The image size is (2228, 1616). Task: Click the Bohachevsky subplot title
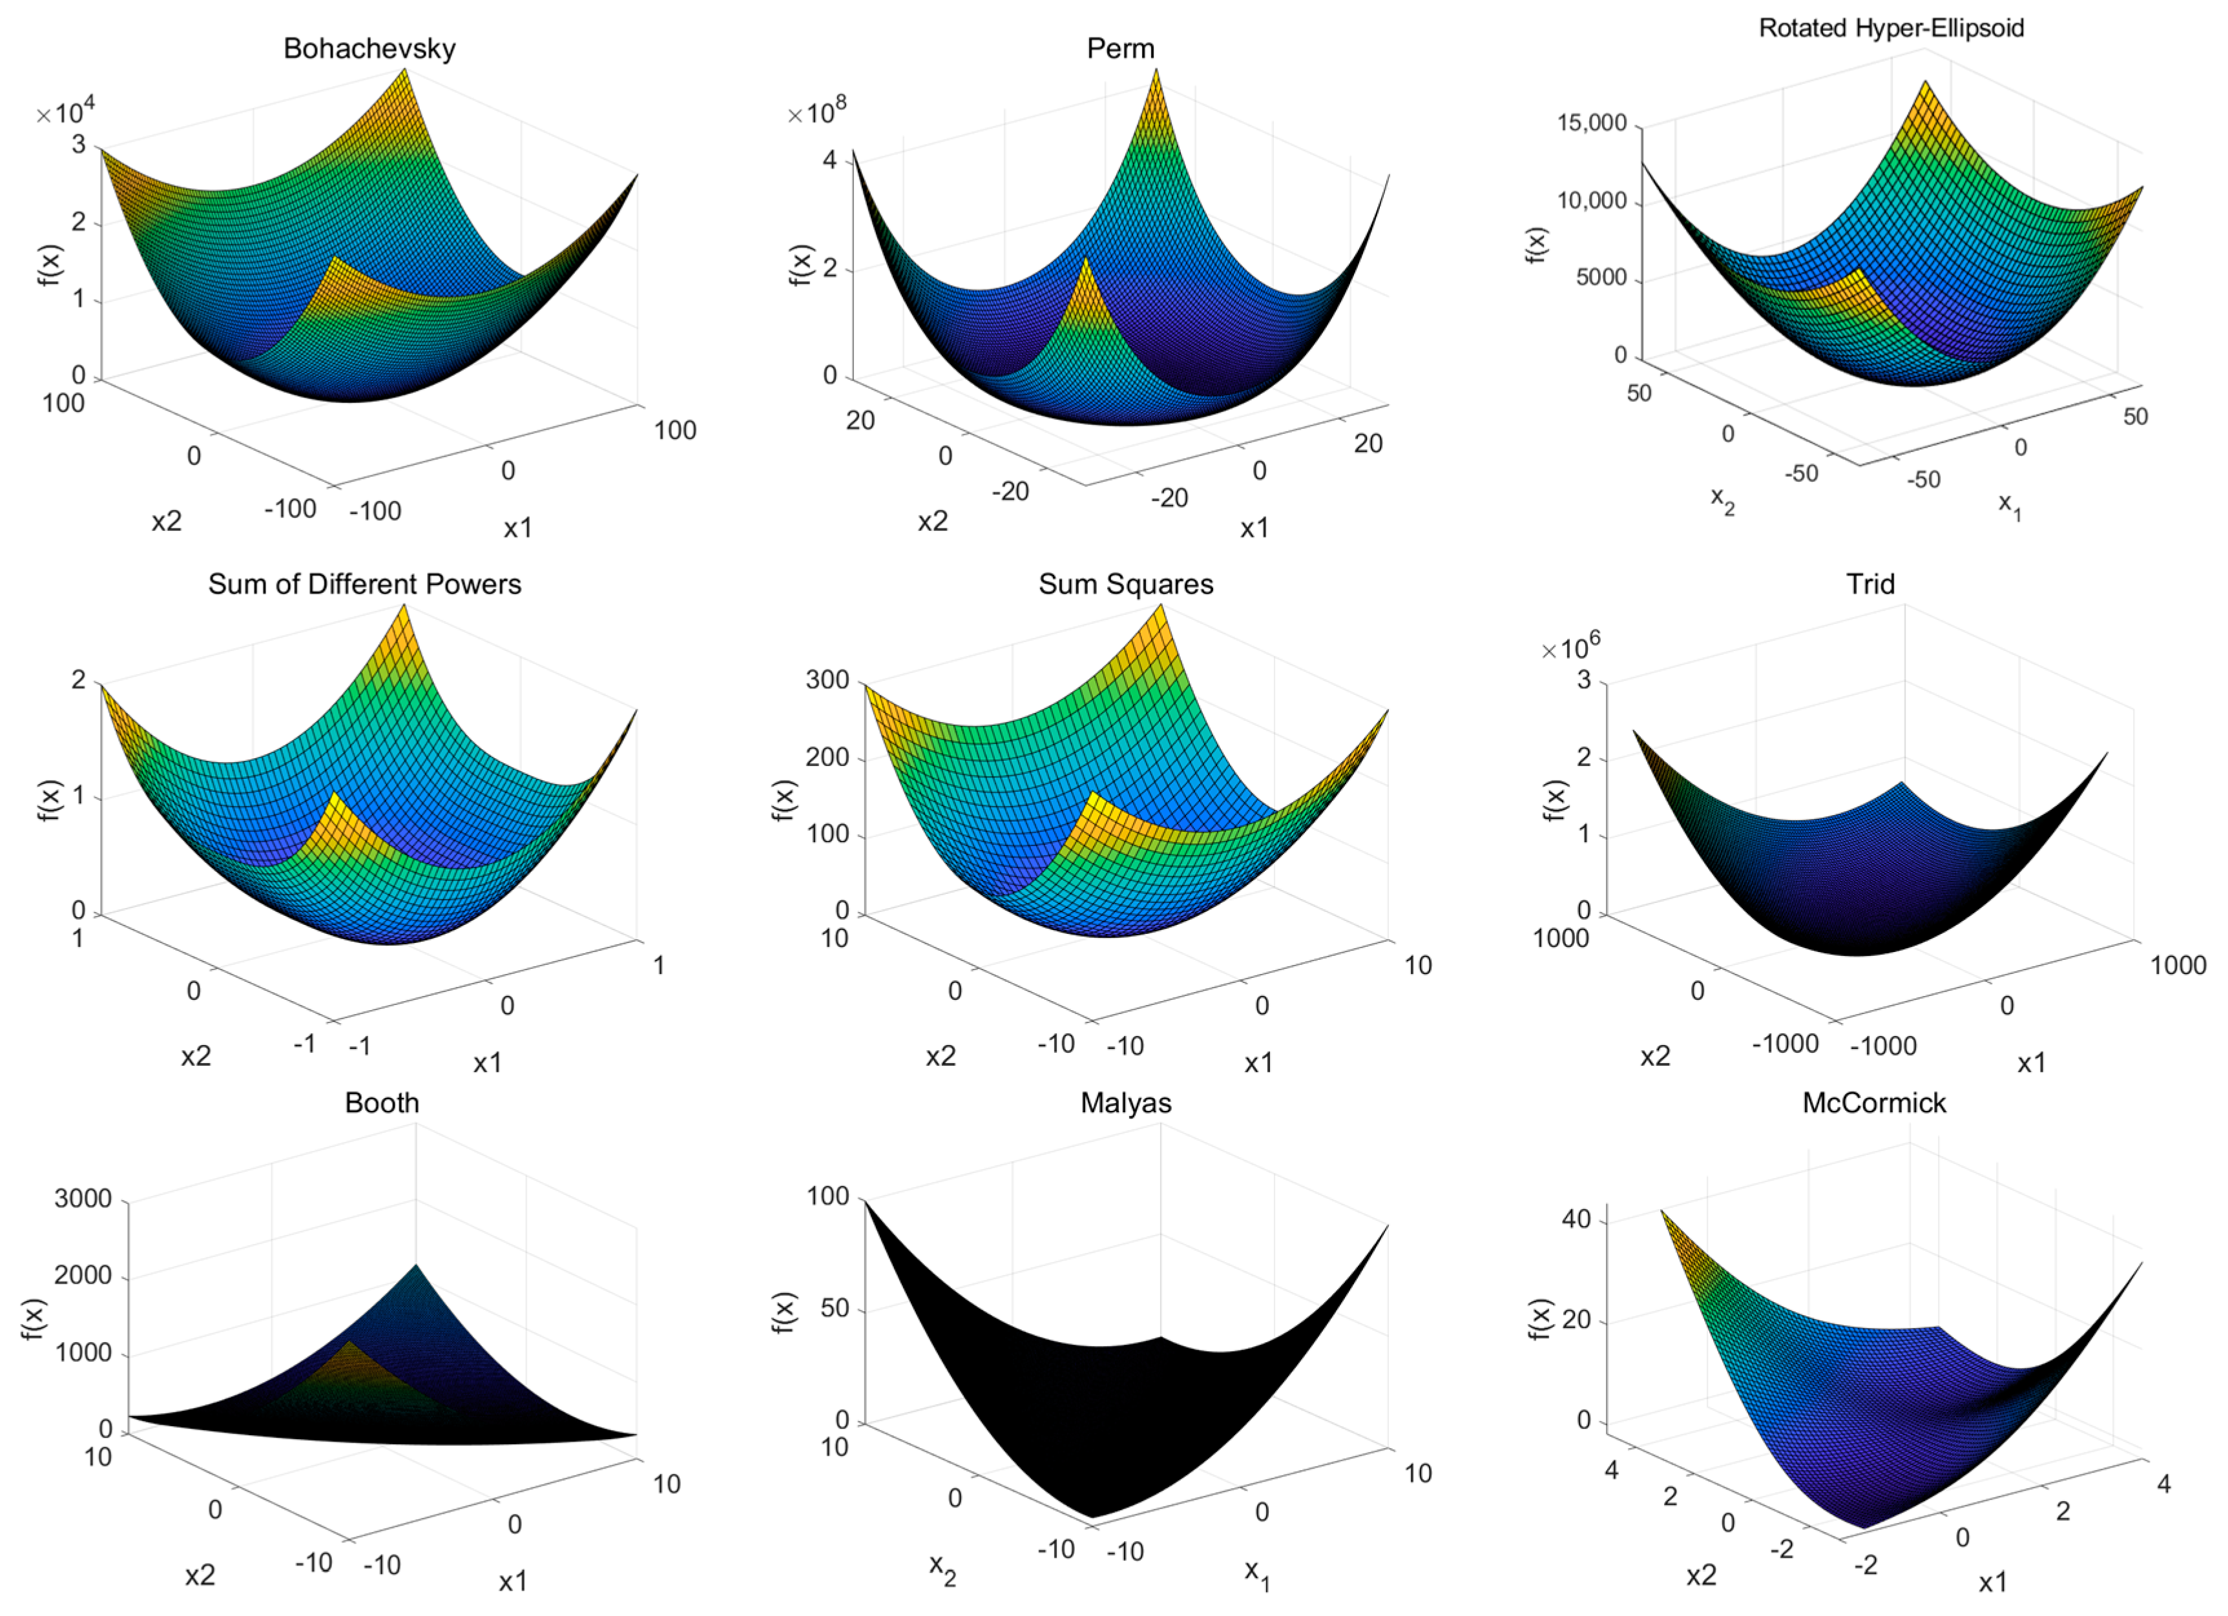[370, 49]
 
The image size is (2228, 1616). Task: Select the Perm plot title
[1120, 49]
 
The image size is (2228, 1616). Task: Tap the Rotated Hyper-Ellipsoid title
[1890, 28]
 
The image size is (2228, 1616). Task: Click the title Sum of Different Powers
[364, 585]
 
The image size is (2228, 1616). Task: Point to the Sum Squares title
[1126, 585]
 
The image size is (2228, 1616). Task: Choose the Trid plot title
[1869, 585]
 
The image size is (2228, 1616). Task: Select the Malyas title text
[1126, 1103]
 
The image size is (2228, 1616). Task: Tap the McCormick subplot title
[1873, 1103]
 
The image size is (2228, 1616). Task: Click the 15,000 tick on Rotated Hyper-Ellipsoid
[1592, 124]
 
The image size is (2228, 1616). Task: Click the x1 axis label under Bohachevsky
[517, 528]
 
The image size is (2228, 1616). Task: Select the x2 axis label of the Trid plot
[1655, 1056]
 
